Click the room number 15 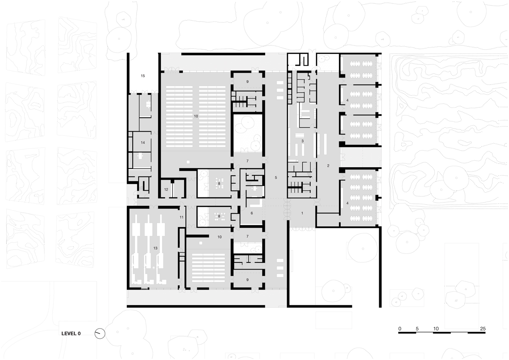[143, 76]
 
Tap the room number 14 [143, 143]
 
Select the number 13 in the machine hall [155, 248]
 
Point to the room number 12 [166, 189]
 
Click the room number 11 [182, 217]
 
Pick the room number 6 [252, 213]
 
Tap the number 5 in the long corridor [276, 177]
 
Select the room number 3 [302, 141]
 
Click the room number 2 [328, 166]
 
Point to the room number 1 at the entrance [302, 213]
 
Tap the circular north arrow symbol [100, 334]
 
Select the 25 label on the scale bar [483, 329]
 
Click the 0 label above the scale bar [400, 329]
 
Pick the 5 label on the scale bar [417, 329]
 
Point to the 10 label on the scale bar [436, 329]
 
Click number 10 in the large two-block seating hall [196, 116]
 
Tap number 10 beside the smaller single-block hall [220, 237]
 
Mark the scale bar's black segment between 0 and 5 [407, 333]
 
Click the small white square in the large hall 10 [188, 162]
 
